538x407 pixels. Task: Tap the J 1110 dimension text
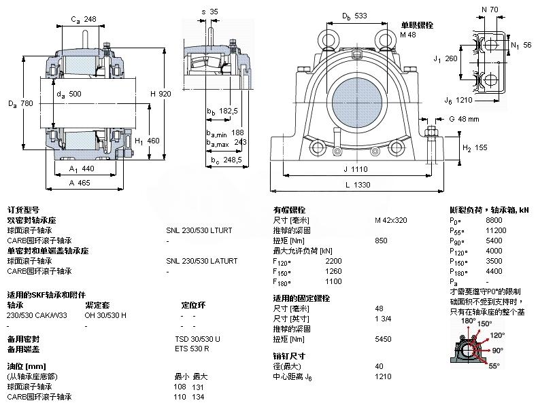tap(356, 169)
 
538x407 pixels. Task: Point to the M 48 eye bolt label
tap(407, 34)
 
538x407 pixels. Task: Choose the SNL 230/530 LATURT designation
tap(202, 261)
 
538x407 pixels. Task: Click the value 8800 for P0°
tap(494, 221)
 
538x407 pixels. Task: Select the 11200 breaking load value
tap(497, 230)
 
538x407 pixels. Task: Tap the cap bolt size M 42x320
tap(391, 220)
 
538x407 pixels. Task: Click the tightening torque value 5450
tap(382, 338)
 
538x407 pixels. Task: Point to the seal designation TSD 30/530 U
tap(197, 338)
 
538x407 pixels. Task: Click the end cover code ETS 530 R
tap(192, 349)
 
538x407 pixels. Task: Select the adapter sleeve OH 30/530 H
tap(105, 315)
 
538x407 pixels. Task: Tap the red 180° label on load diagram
tap(468, 320)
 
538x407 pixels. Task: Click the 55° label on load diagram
tap(494, 366)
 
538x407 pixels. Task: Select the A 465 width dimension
tap(80, 183)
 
